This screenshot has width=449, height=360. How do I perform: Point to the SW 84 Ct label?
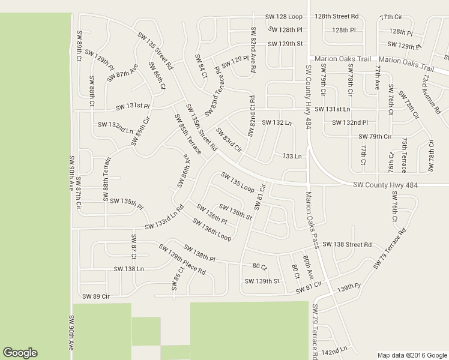coord(200,66)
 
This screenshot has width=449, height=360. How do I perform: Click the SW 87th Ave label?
coord(122,73)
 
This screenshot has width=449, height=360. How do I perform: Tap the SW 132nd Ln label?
coord(115,128)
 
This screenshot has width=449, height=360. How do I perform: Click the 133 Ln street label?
coord(291,157)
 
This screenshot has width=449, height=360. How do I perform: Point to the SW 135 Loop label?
coord(238,181)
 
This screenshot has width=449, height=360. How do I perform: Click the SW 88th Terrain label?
coord(107,179)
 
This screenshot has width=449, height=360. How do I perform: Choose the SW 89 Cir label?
coord(96,296)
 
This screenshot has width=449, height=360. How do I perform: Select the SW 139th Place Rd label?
coord(182,259)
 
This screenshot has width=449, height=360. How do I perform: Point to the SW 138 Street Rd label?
coord(347,245)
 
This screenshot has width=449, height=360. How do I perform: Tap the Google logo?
coord(20,353)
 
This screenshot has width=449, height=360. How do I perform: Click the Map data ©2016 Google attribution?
coord(412,355)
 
